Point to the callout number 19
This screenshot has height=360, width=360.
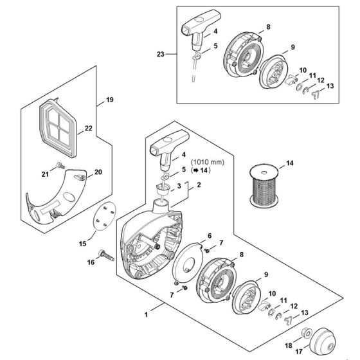pyautogui.click(x=109, y=100)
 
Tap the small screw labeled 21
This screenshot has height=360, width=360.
pyautogui.click(x=59, y=167)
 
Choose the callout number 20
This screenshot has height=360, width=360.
pyautogui.click(x=98, y=172)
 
